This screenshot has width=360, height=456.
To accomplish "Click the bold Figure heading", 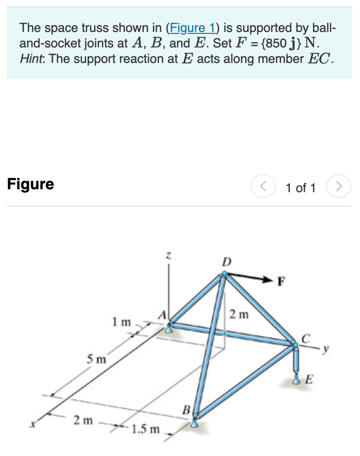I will (x=30, y=184).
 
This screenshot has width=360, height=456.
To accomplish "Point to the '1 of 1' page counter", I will (x=300, y=188).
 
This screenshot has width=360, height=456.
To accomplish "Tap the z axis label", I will (x=168, y=255).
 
